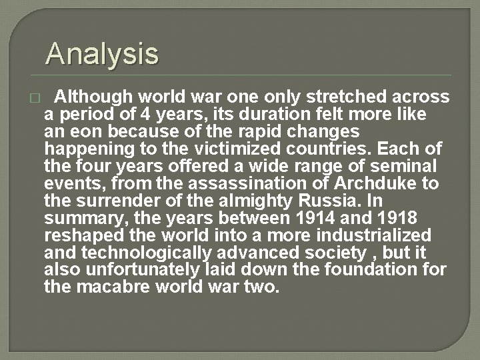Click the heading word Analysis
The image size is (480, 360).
click(102, 53)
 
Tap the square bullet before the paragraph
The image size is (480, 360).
click(35, 98)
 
